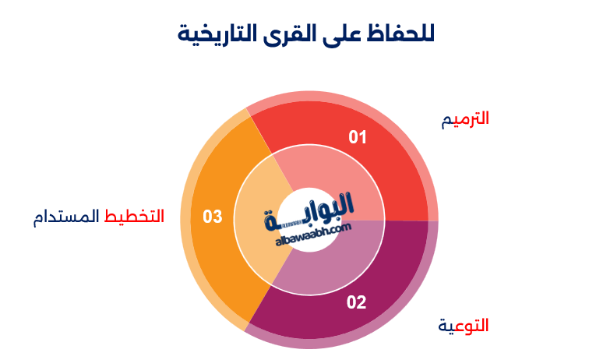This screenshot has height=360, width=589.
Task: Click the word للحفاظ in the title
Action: [399, 34]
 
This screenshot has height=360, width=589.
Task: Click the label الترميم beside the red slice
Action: [465, 119]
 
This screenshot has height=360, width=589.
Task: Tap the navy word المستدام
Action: [68, 216]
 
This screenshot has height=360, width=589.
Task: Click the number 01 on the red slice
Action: [358, 137]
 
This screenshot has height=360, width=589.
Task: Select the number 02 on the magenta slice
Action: [356, 302]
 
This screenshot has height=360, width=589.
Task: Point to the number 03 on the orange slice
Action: [213, 217]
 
